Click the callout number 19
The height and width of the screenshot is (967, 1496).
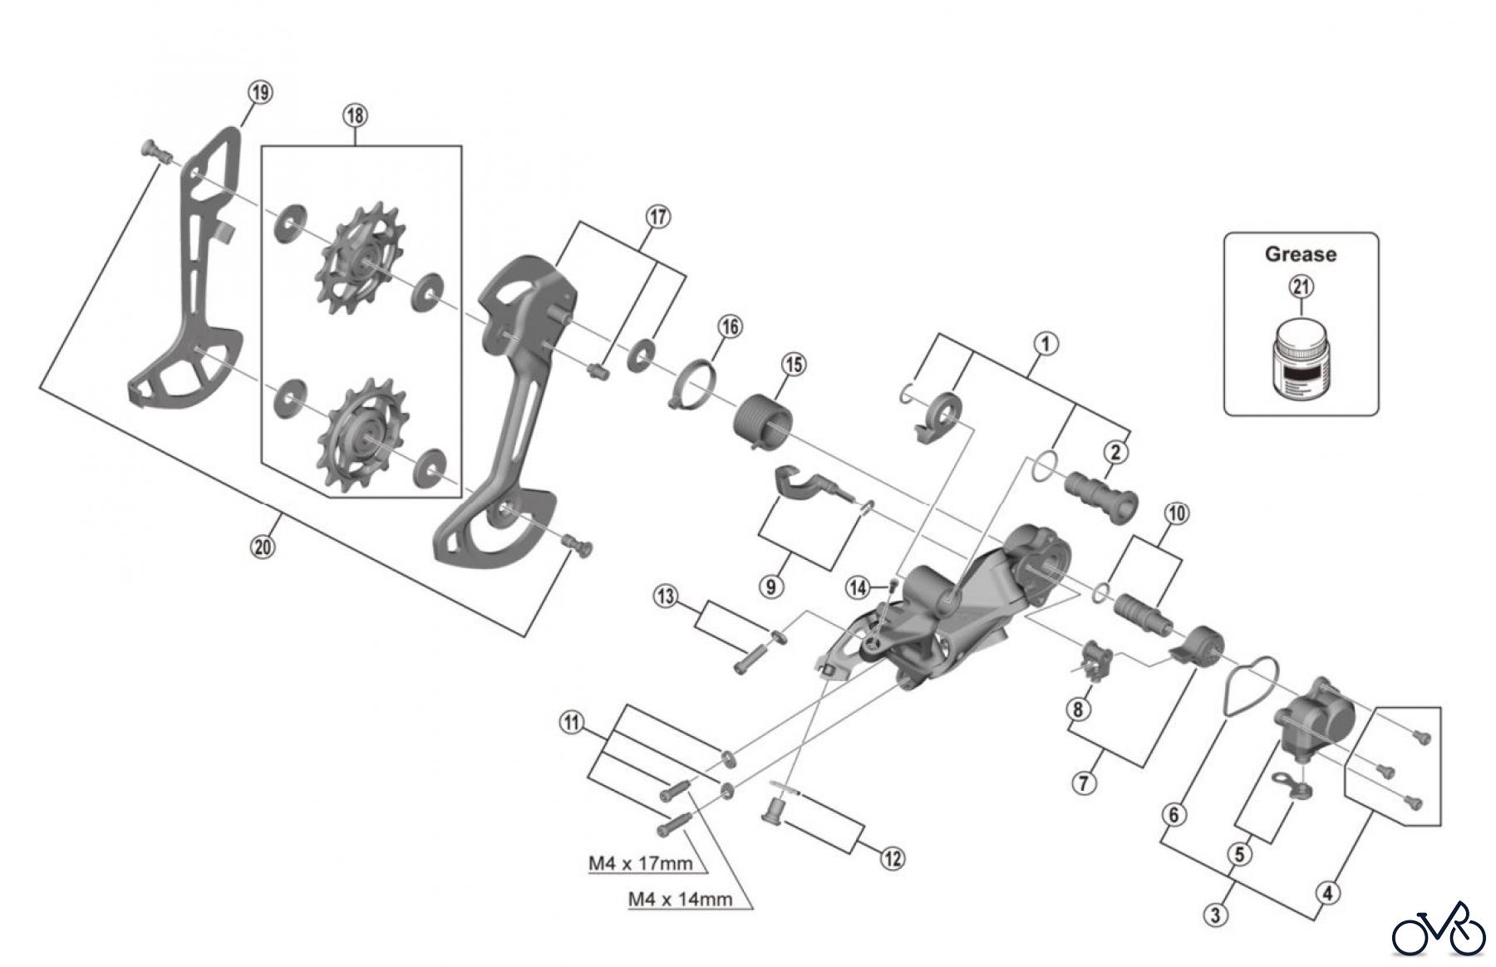click(x=261, y=92)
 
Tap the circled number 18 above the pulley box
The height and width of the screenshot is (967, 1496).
click(x=355, y=115)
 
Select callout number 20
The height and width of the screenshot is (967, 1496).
click(x=263, y=547)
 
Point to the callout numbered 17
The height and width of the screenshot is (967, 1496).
click(x=658, y=218)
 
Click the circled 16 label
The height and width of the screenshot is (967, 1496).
click(x=730, y=326)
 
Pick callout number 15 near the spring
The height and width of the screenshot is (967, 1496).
click(x=794, y=364)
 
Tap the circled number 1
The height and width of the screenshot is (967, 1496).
click(x=1046, y=343)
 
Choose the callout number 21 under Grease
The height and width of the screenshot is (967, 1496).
click(x=1301, y=287)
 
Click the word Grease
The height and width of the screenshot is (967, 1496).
click(x=1301, y=254)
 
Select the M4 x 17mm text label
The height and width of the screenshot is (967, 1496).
click(x=640, y=863)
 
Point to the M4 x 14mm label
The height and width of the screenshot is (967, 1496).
click(x=680, y=898)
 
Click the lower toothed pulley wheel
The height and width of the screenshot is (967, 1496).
click(x=362, y=434)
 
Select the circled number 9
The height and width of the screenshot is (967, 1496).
click(x=771, y=587)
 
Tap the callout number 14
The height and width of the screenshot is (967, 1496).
click(x=857, y=588)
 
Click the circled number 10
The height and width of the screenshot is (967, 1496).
click(x=1176, y=513)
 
